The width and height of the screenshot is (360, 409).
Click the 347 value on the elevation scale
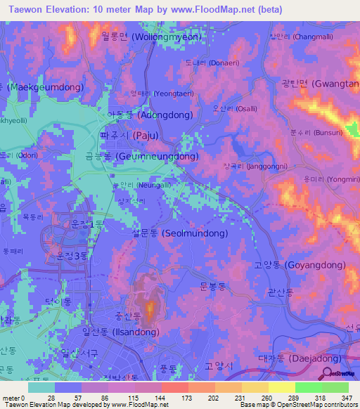click(345, 397)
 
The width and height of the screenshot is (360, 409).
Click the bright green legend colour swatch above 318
click(308, 387)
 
